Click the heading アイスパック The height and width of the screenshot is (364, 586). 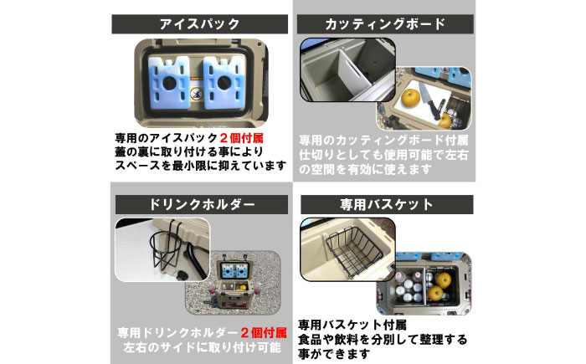(199, 24)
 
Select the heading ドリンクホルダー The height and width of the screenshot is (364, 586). (199, 204)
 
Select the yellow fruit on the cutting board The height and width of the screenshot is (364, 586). (413, 100)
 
